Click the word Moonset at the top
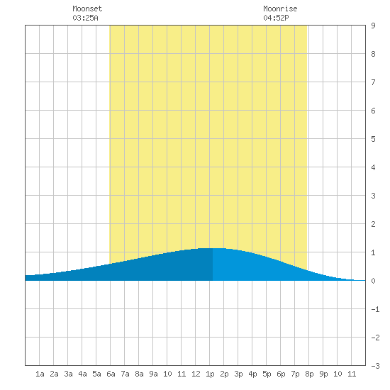pyautogui.click(x=87, y=9)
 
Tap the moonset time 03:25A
pyautogui.click(x=85, y=18)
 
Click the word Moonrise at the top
pyautogui.click(x=280, y=9)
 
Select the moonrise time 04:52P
pyautogui.click(x=276, y=18)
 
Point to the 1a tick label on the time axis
pyautogui.click(x=40, y=374)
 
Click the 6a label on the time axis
pyautogui.click(x=111, y=374)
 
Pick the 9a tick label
pyautogui.click(x=153, y=374)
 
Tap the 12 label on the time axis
pyautogui.click(x=196, y=374)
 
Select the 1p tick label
pyautogui.click(x=210, y=374)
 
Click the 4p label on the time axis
pyautogui.click(x=252, y=374)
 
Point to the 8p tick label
pyautogui.click(x=309, y=374)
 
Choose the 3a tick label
pyautogui.click(x=68, y=374)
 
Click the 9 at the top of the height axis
pyautogui.click(x=373, y=26)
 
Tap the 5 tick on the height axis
pyautogui.click(x=373, y=139)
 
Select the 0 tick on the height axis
pyautogui.click(x=373, y=281)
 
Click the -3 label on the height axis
pyautogui.click(x=375, y=366)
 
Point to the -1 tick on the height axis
pyautogui.click(x=375, y=309)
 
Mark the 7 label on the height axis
pyautogui.click(x=373, y=82)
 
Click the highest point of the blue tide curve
pyautogui.click(x=213, y=248)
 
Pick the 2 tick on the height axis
pyautogui.click(x=373, y=224)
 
